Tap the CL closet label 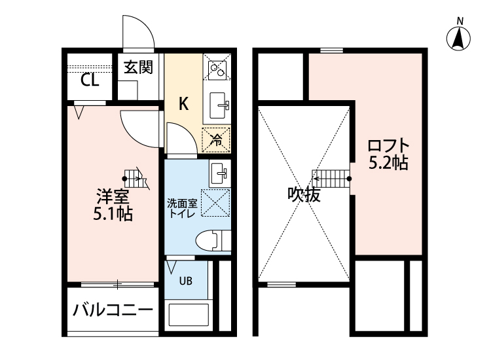coord(90,81)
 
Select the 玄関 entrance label coord(139,67)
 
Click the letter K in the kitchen coord(184,103)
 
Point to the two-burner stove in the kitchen coord(216,67)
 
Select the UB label coord(186,281)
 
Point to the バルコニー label coord(113,310)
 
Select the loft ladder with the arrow coord(331,177)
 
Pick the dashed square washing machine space coord(215,202)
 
